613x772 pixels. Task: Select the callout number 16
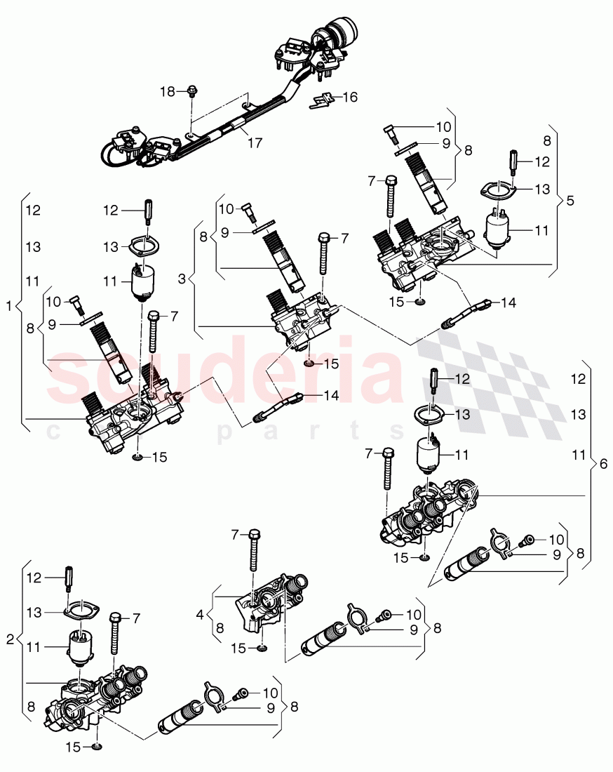point(349,97)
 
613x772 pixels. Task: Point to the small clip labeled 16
point(321,100)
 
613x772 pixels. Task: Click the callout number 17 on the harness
point(255,142)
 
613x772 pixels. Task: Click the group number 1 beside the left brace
point(9,306)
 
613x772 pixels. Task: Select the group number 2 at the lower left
point(9,639)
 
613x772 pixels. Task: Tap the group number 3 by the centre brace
point(182,279)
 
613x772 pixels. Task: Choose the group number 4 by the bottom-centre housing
point(201,614)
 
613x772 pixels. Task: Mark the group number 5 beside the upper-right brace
point(570,200)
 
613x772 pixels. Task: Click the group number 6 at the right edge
point(604,464)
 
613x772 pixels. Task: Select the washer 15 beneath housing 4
point(261,648)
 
